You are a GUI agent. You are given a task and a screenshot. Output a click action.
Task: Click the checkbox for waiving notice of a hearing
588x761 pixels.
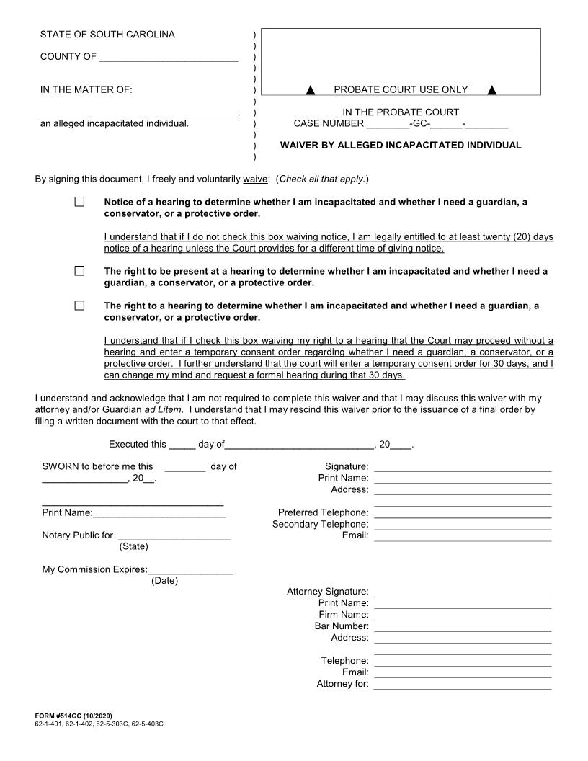(79, 203)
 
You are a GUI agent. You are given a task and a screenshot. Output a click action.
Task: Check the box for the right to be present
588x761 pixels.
(79, 271)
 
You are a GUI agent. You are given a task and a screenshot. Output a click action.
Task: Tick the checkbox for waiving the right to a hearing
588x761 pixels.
(79, 306)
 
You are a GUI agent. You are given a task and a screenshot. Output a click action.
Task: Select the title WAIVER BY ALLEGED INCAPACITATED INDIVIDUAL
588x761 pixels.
(400, 145)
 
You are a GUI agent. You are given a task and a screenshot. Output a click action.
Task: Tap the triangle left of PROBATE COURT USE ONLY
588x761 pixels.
(311, 90)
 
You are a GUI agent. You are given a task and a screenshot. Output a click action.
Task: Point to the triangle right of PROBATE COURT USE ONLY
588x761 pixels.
(492, 90)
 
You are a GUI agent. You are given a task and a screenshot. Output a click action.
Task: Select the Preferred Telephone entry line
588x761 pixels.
(462, 517)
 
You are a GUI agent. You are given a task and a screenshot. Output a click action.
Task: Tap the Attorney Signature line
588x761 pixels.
(462, 596)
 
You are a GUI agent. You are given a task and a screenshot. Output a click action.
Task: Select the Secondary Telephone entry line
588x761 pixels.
(462, 529)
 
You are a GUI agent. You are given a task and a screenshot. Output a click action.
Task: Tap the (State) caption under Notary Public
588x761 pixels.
(133, 547)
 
